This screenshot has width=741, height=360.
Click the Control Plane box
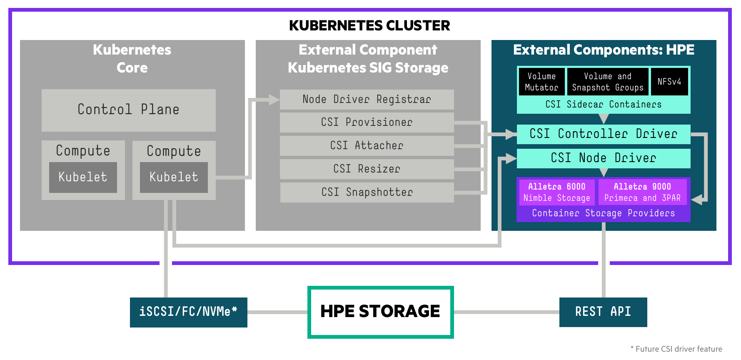point(128,110)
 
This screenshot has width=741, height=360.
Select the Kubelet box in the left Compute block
point(83,177)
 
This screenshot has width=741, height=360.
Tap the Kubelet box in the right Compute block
point(174,177)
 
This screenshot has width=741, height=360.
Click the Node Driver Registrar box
point(367,100)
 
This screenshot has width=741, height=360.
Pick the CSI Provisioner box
point(367,122)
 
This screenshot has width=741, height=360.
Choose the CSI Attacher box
point(367,146)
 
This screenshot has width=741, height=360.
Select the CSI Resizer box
point(367,169)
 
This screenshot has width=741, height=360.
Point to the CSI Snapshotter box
point(367,192)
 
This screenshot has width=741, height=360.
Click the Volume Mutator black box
point(541,82)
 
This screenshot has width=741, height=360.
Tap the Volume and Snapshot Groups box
point(607,82)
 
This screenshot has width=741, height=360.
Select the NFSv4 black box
point(669,82)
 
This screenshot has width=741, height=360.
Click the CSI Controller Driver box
point(603,134)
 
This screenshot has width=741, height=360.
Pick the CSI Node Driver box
point(603,158)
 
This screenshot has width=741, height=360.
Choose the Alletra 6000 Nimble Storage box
point(556,192)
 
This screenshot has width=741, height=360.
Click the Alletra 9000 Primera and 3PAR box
point(642,192)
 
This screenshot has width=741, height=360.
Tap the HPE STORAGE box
point(380,312)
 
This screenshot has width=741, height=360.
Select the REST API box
point(603,312)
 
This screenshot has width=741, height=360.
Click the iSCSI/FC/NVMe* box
point(188,312)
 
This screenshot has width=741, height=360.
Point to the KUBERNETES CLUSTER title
point(369,26)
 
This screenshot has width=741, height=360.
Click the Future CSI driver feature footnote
point(676,349)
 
